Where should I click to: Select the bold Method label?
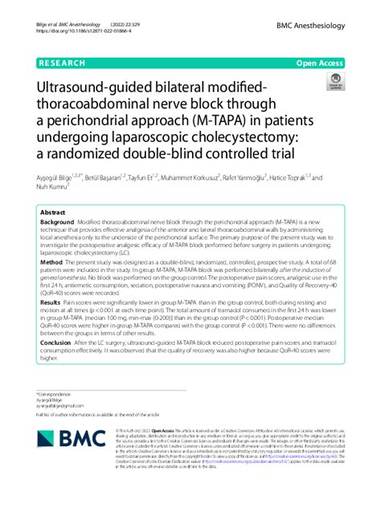point(51,262)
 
